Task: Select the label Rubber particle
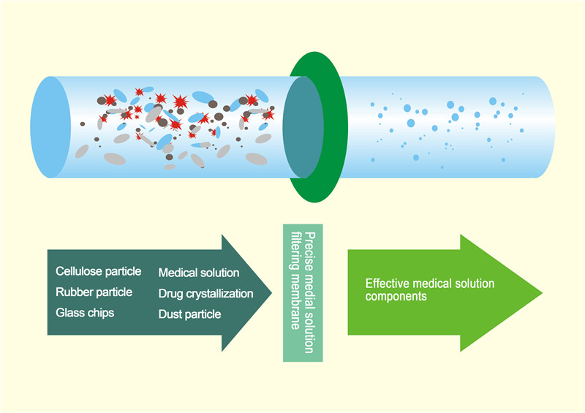coord(94,292)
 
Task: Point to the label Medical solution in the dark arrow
coord(199,273)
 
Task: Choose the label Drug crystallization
coord(205,294)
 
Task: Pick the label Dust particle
coord(190,314)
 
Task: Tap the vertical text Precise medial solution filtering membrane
coord(303,293)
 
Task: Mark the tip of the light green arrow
coord(541,293)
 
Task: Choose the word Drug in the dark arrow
coord(171,294)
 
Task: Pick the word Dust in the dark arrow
coord(171,314)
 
